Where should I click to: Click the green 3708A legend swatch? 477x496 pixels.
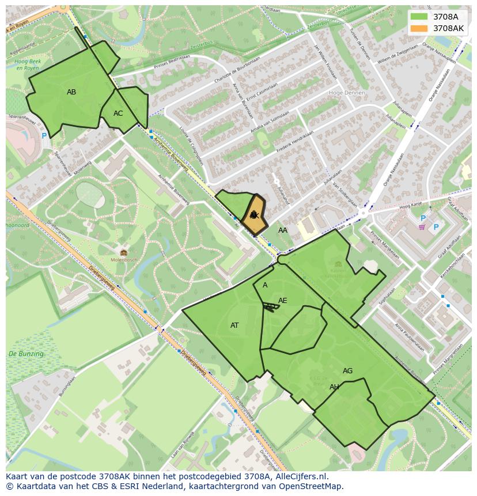[419, 16]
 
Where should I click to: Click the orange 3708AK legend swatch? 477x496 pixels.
[419, 28]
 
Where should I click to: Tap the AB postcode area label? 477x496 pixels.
[71, 92]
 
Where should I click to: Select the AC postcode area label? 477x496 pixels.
[118, 113]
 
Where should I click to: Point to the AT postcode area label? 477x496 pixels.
[234, 325]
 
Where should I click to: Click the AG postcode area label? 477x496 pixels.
[347, 371]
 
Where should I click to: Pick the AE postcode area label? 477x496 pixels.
[282, 301]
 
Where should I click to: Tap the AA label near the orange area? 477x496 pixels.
[283, 230]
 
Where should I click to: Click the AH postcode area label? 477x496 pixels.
[334, 387]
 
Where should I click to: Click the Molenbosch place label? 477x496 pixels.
[124, 260]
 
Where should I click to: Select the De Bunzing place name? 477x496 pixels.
[26, 354]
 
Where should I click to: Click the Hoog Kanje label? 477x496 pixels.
[411, 206]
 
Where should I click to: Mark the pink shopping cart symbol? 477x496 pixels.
[422, 227]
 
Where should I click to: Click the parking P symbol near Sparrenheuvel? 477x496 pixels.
[44, 136]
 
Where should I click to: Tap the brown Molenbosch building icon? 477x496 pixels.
[124, 252]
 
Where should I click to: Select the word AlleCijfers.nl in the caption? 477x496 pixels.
[300, 476]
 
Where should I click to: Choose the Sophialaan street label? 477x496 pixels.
[386, 300]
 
